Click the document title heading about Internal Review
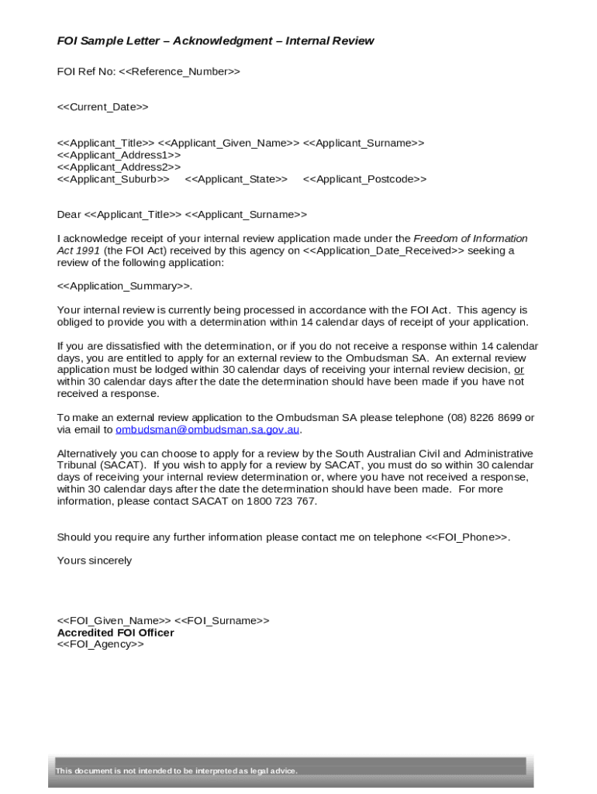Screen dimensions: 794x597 (x=216, y=41)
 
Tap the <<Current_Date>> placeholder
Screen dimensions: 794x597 (x=102, y=107)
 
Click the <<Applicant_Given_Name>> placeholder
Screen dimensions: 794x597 (x=229, y=143)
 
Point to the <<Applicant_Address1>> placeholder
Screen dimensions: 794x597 (x=119, y=155)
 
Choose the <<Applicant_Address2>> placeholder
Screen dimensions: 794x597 (x=119, y=167)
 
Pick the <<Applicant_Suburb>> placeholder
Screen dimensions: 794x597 (x=113, y=179)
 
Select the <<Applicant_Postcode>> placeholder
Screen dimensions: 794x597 (x=364, y=179)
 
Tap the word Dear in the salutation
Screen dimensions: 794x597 (x=69, y=214)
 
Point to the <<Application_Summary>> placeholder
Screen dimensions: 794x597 (x=123, y=286)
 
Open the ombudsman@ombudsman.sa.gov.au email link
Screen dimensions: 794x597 (x=207, y=430)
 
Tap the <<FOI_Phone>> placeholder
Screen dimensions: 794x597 (x=467, y=537)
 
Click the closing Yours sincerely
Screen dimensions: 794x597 (x=95, y=560)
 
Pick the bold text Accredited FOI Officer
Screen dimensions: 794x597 (x=116, y=633)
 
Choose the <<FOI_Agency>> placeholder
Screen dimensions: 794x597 (x=101, y=644)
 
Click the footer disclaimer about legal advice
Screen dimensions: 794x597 (x=176, y=771)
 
